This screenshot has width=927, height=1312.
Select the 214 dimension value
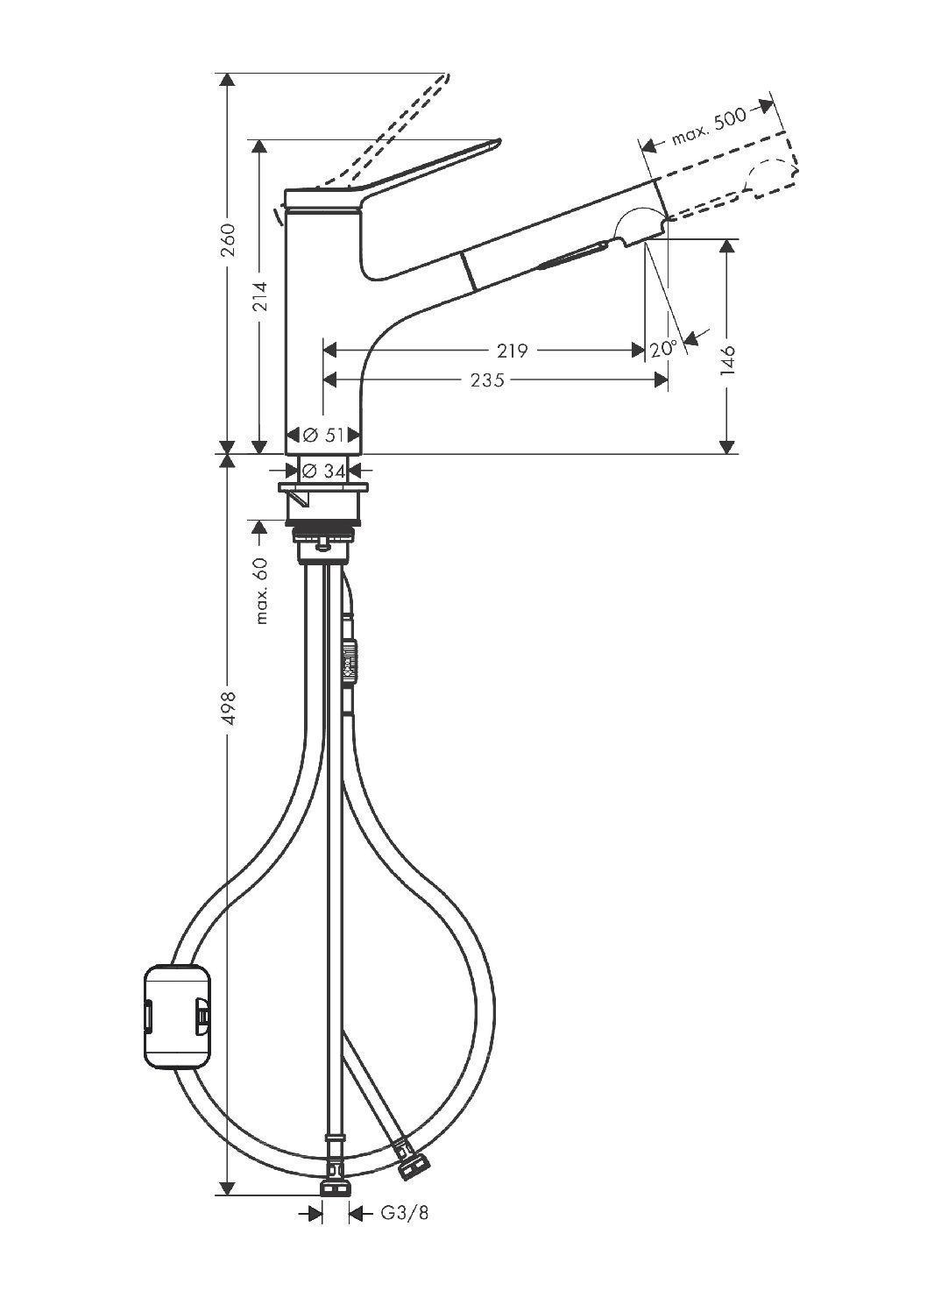pyautogui.click(x=260, y=296)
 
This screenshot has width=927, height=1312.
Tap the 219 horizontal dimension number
pyautogui.click(x=513, y=351)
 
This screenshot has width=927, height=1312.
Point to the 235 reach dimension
pyautogui.click(x=487, y=380)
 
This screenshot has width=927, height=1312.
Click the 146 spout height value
pyautogui.click(x=727, y=359)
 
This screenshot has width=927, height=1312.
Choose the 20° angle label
pyautogui.click(x=663, y=349)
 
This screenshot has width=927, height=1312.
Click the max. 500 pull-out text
pyautogui.click(x=710, y=126)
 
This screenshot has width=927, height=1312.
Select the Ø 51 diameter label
pyautogui.click(x=324, y=436)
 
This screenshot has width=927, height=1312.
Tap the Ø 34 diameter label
pyautogui.click(x=324, y=471)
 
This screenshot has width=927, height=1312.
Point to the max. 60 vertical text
pyautogui.click(x=261, y=591)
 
